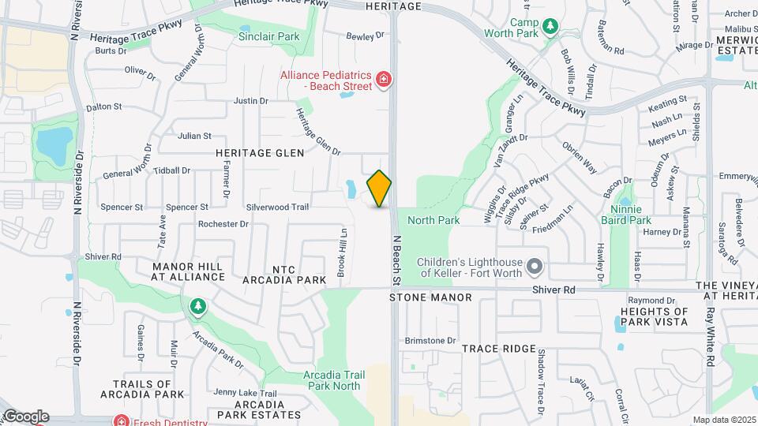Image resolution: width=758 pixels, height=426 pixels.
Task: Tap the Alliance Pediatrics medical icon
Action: (384, 79)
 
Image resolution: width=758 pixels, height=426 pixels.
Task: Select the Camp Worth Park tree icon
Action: (550, 28)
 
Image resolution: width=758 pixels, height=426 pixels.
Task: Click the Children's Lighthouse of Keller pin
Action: (535, 267)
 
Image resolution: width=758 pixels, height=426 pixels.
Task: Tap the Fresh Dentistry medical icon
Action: (119, 420)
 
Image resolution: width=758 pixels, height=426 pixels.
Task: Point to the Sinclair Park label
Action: (269, 36)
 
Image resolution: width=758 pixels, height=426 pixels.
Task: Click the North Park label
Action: (433, 220)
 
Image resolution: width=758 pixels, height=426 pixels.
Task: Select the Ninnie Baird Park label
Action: (630, 215)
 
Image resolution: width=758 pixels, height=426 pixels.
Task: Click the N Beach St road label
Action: (396, 260)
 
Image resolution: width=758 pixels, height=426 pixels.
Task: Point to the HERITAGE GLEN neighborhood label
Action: (260, 152)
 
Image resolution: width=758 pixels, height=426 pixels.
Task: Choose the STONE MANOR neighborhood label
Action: (430, 297)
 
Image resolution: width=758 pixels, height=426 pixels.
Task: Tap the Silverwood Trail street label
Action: (277, 207)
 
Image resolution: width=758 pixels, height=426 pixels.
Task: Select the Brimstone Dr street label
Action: (430, 341)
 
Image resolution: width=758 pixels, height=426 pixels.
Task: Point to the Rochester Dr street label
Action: (223, 224)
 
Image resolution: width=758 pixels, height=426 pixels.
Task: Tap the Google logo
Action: (25, 417)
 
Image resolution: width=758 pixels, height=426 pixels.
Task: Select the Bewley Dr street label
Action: (366, 35)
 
